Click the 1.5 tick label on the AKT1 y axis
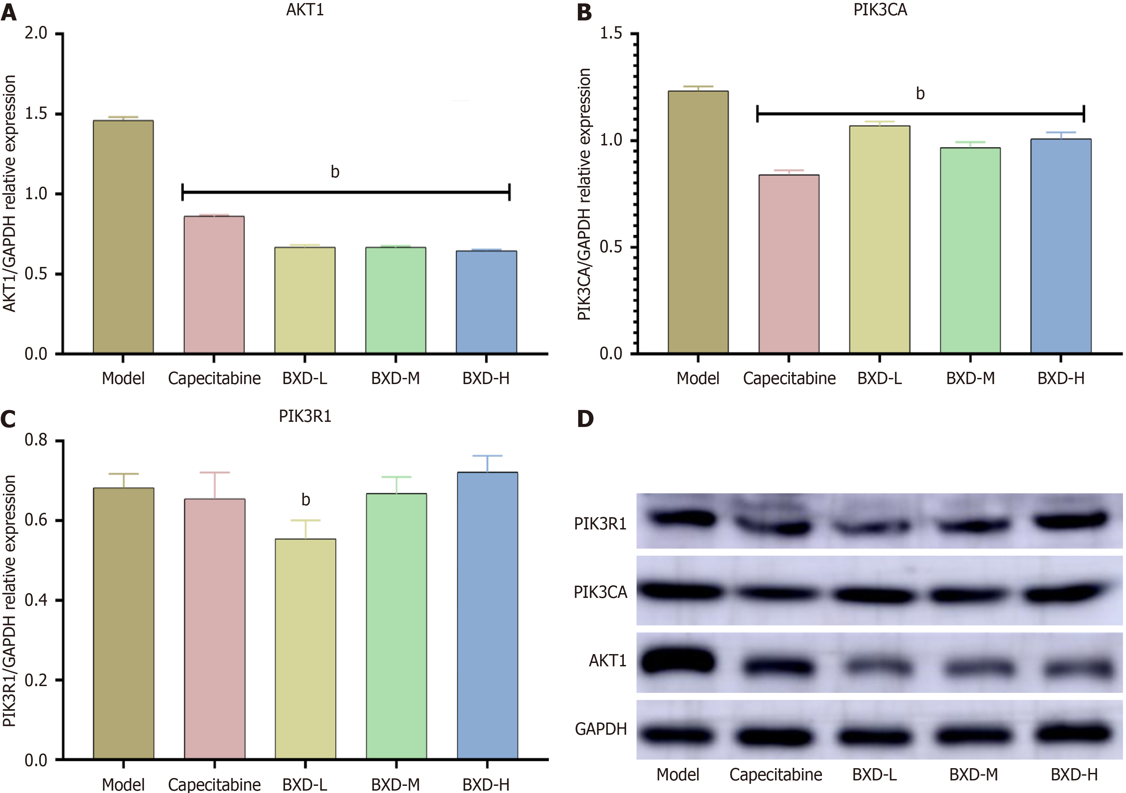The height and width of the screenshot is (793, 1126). coord(36,114)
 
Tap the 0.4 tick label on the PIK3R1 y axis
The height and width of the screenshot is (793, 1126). coord(36,600)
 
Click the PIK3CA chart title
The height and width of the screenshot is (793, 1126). coord(880,10)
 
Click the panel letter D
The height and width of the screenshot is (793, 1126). coord(585,418)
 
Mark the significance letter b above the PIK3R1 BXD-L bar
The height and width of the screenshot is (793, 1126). coord(305,500)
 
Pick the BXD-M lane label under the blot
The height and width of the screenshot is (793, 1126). coord(973,775)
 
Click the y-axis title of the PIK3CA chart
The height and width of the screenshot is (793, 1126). coord(584,195)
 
